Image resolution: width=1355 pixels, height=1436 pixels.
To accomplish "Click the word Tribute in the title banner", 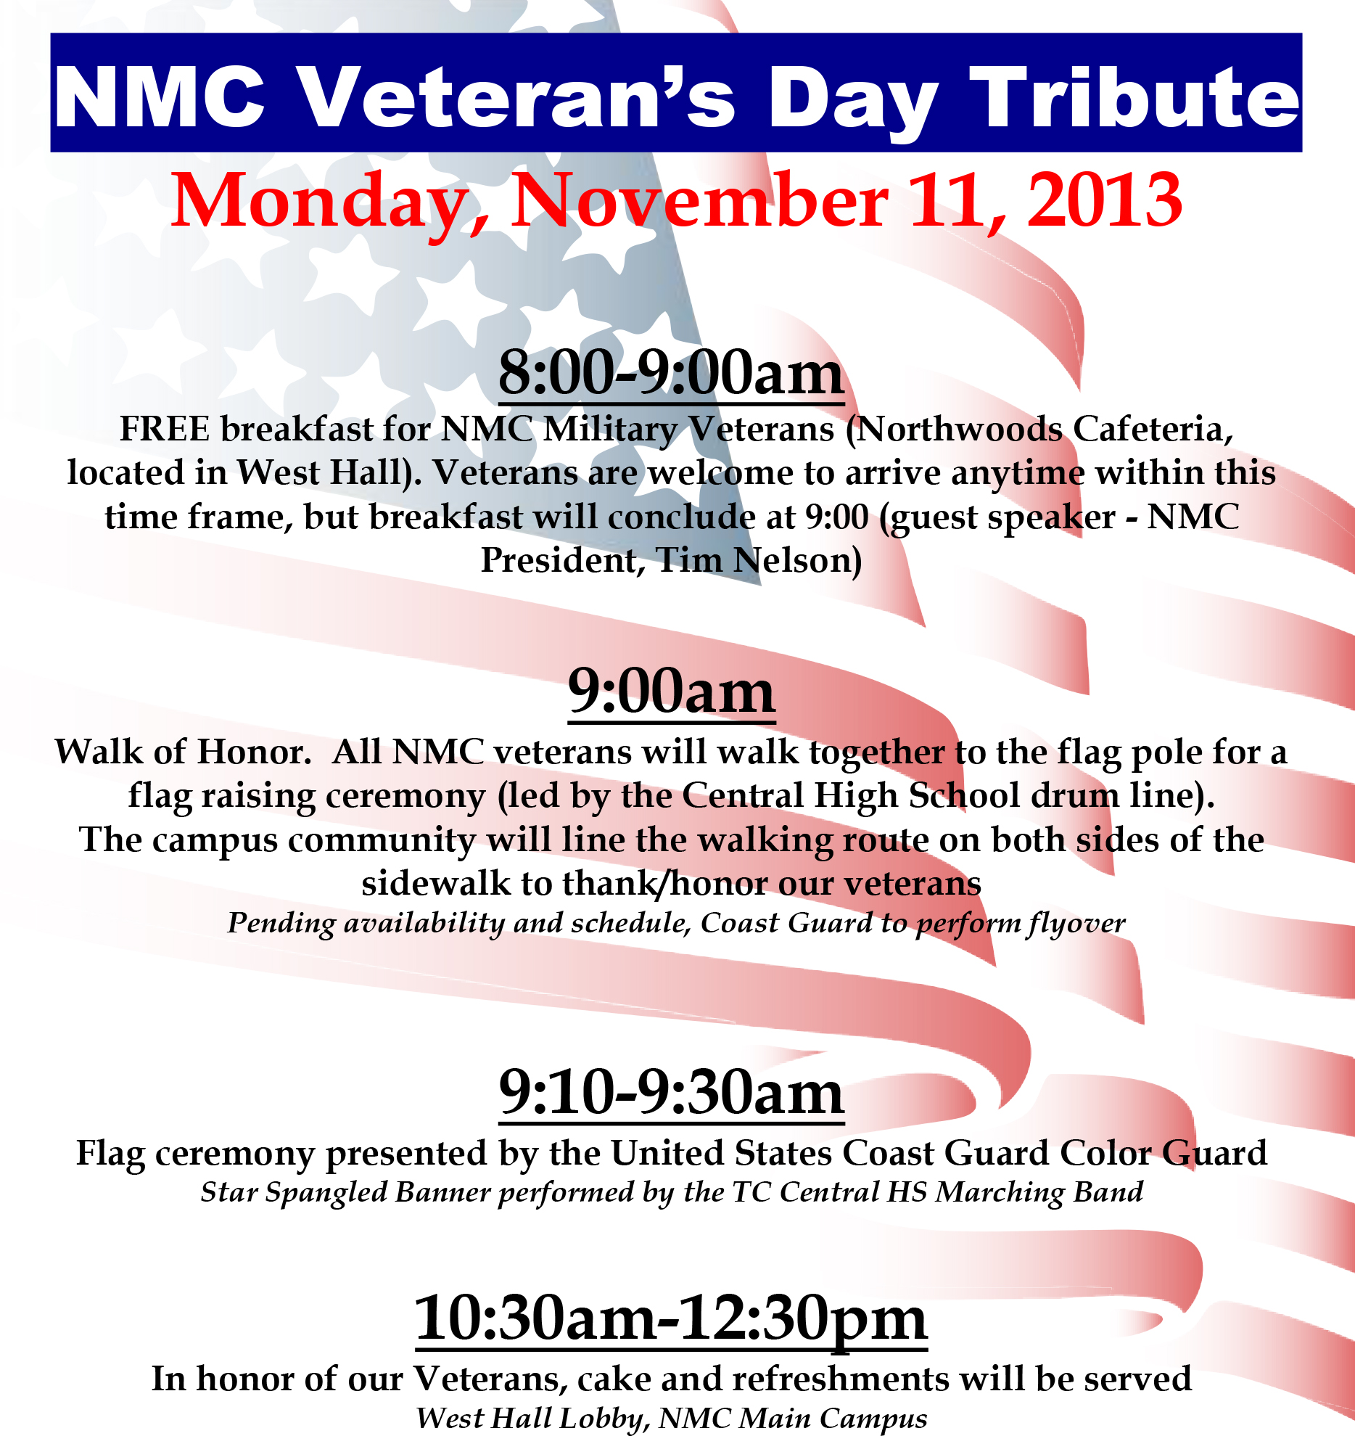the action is coord(1134,97).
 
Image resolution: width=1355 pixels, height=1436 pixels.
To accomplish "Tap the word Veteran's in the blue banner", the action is coord(517,97).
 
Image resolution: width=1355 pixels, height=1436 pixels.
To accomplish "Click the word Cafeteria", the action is coord(1153,429).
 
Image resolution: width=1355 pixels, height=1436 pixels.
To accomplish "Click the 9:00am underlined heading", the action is coord(672,692).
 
